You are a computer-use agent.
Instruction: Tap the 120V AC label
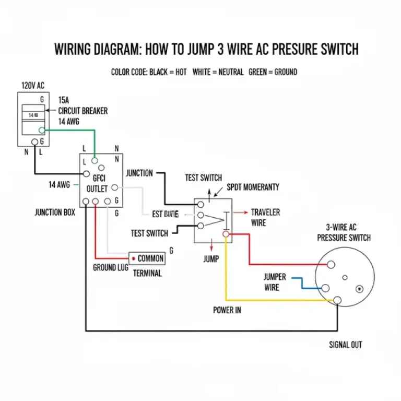click(33, 85)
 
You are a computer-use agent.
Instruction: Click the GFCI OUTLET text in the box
click(97, 183)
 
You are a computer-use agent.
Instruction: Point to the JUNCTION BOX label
click(55, 212)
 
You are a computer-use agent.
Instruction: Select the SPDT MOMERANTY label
click(253, 187)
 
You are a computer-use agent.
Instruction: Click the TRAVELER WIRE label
click(265, 218)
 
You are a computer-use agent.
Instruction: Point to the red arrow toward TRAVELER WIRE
click(240, 213)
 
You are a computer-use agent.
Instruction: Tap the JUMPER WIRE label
click(275, 282)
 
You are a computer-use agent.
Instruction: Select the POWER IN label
click(227, 310)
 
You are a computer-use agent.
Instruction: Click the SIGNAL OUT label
click(346, 345)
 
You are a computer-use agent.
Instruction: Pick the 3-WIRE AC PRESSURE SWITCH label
click(344, 232)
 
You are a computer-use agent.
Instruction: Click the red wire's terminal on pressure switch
click(330, 265)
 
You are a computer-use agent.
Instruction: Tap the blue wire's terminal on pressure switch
click(325, 288)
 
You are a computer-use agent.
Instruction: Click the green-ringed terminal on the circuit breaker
click(42, 130)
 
